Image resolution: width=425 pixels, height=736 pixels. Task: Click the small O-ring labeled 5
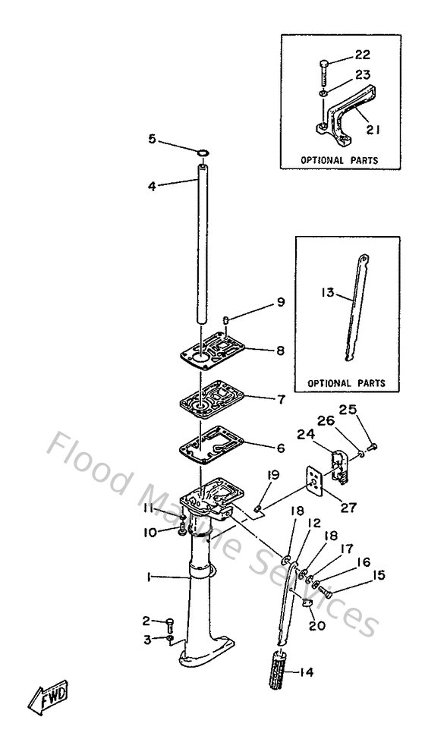[203, 154]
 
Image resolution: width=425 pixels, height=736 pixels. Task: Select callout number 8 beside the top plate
[280, 351]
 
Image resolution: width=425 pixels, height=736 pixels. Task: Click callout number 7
[280, 398]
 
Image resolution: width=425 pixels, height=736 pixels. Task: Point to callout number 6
[280, 448]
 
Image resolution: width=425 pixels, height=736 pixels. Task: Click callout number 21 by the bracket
[372, 130]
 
